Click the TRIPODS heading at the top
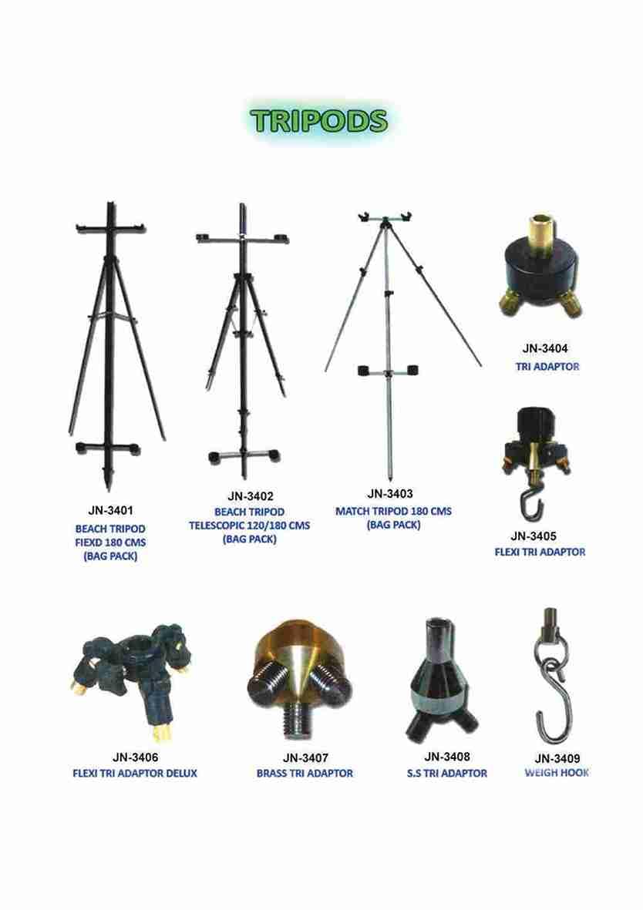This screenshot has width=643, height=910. [318, 121]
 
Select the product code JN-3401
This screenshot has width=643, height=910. [110, 510]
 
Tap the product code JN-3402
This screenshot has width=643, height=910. [250, 496]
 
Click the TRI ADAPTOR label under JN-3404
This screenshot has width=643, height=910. [547, 367]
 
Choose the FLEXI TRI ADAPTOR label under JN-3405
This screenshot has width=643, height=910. [540, 552]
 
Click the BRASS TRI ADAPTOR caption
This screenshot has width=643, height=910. [305, 773]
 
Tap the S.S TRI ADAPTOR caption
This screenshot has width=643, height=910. [447, 773]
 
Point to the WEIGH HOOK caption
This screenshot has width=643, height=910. [557, 773]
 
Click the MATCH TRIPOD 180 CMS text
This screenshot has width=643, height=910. [393, 511]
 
